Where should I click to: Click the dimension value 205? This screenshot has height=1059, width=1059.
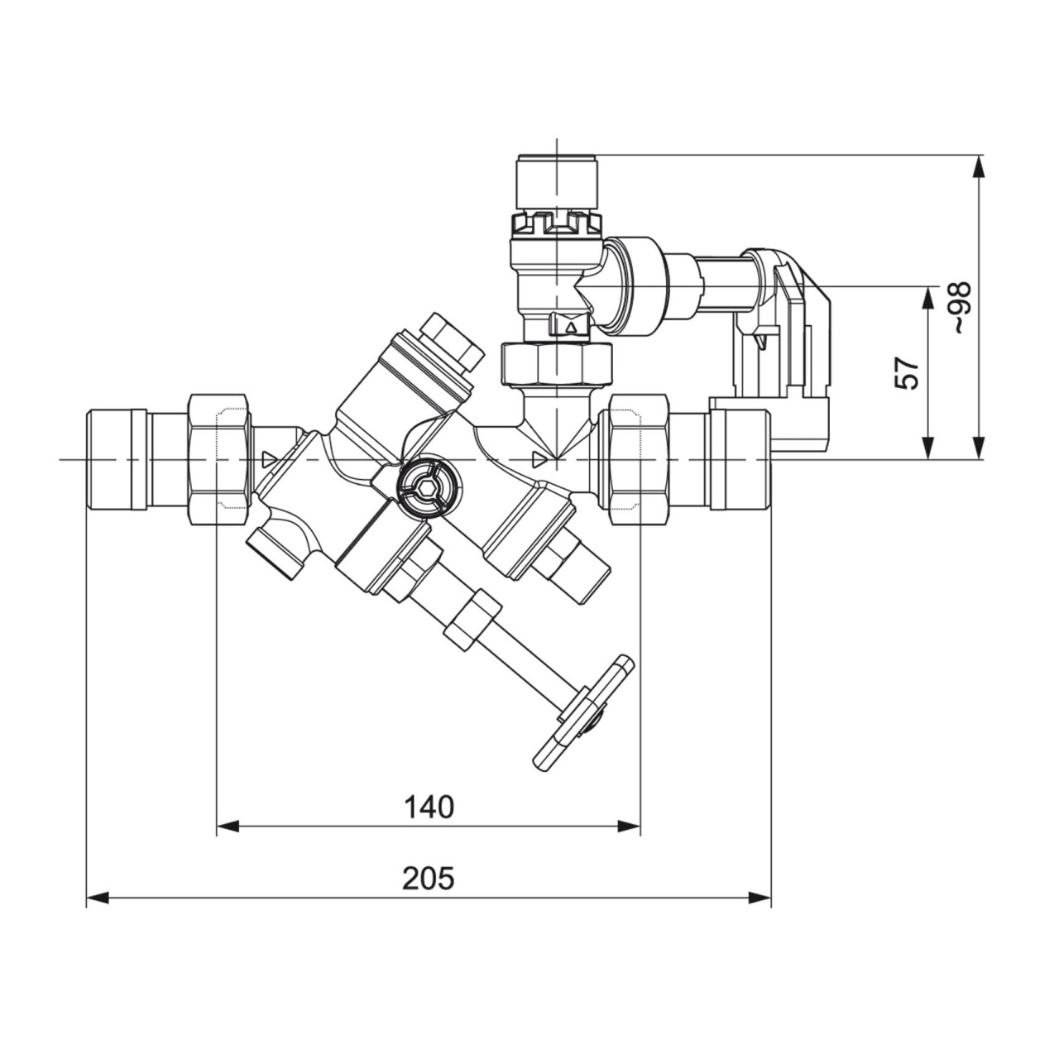429,879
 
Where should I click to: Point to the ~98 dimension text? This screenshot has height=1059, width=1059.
961,308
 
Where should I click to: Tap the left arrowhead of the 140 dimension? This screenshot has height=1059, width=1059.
228,841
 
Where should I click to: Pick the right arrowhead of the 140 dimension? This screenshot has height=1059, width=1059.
630,841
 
